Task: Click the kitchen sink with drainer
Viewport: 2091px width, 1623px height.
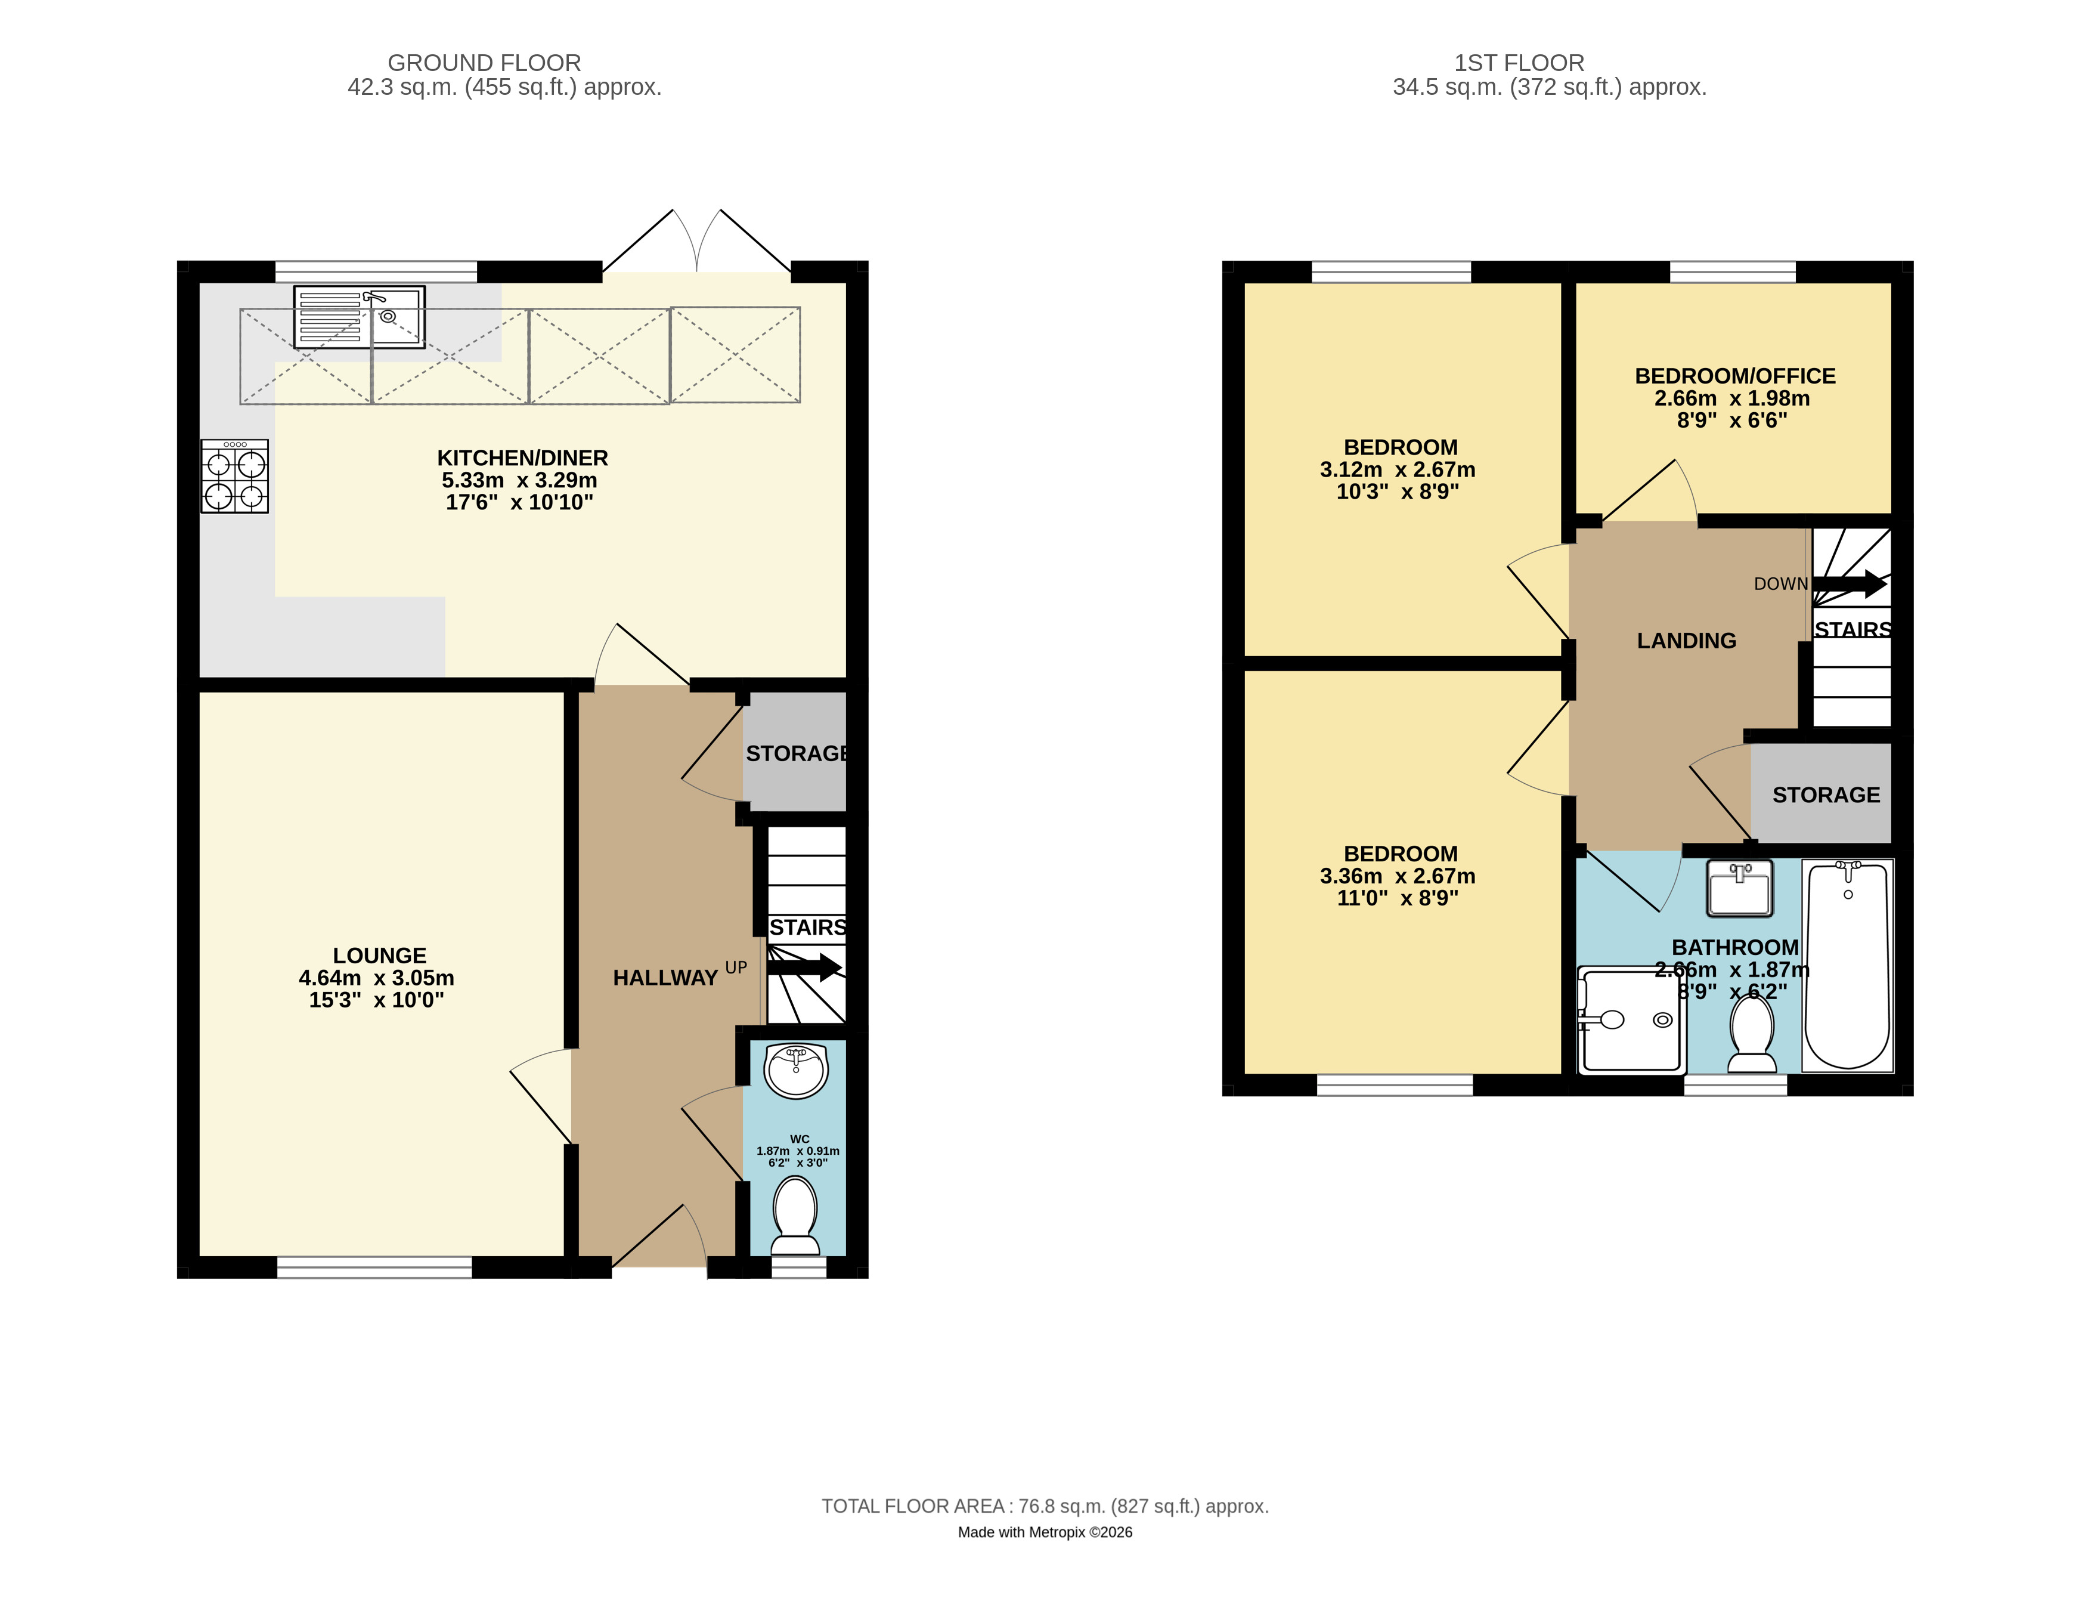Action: [359, 317]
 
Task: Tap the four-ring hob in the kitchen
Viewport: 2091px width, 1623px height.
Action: [234, 476]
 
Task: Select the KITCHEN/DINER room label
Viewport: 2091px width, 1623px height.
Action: [523, 457]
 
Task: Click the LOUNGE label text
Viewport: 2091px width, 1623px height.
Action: [379, 956]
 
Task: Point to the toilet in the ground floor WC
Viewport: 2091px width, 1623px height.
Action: [795, 1216]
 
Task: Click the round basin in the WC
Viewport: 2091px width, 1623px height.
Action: [797, 1071]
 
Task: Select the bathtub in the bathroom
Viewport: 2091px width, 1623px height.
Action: [1848, 965]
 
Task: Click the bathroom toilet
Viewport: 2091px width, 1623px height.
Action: [1752, 1034]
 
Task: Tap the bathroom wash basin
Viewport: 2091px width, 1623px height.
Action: [1740, 888]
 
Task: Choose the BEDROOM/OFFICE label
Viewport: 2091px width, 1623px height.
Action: [1735, 376]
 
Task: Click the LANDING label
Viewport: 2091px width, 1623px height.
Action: [1686, 641]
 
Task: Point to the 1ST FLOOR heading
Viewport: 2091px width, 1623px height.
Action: [1519, 63]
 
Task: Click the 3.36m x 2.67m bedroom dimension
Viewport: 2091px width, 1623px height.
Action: [1398, 876]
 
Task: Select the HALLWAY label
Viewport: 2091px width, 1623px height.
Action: [665, 978]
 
